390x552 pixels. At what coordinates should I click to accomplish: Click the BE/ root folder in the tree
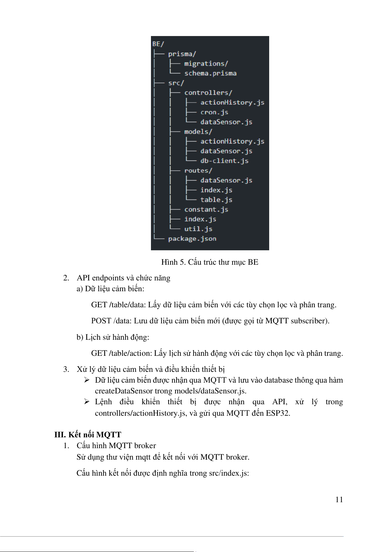(x=158, y=44)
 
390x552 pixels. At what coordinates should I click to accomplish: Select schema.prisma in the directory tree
(x=210, y=73)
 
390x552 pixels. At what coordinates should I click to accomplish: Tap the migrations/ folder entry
(x=206, y=64)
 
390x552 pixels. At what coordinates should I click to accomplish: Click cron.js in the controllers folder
(x=214, y=112)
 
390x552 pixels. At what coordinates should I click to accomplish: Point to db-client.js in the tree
(x=224, y=161)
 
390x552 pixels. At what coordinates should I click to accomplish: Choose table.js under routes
(x=216, y=200)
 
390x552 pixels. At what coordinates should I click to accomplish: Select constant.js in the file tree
(x=206, y=210)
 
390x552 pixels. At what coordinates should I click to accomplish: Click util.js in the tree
(x=198, y=229)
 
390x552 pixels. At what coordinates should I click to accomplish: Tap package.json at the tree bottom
(x=192, y=239)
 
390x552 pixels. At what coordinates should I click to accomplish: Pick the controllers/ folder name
(x=208, y=93)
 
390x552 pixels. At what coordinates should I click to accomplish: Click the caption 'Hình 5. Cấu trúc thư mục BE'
(x=210, y=262)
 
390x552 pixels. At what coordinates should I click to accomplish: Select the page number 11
(x=339, y=500)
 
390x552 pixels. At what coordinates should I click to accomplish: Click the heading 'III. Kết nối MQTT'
(x=88, y=435)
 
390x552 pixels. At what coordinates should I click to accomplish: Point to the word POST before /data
(x=101, y=321)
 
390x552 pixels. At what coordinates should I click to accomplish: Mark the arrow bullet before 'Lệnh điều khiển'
(x=87, y=402)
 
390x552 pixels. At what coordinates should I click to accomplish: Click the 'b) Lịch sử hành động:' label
(x=113, y=337)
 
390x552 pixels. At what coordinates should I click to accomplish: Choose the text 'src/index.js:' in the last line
(x=229, y=473)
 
